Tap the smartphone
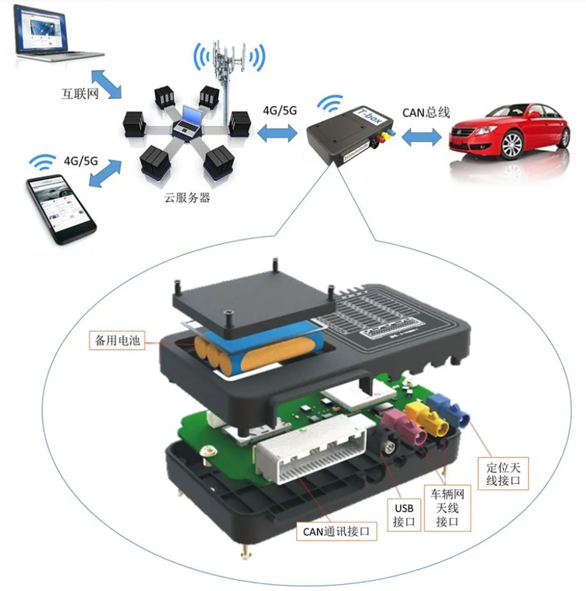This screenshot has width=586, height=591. click(x=61, y=209)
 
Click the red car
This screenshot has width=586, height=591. click(x=510, y=131)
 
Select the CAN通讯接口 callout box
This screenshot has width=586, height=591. click(x=336, y=532)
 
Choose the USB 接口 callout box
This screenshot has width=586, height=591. click(x=405, y=515)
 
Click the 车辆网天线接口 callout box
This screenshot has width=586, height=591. click(x=446, y=507)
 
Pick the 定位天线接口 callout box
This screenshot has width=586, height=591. click(x=504, y=472)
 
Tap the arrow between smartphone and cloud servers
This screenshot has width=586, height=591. click(x=104, y=175)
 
